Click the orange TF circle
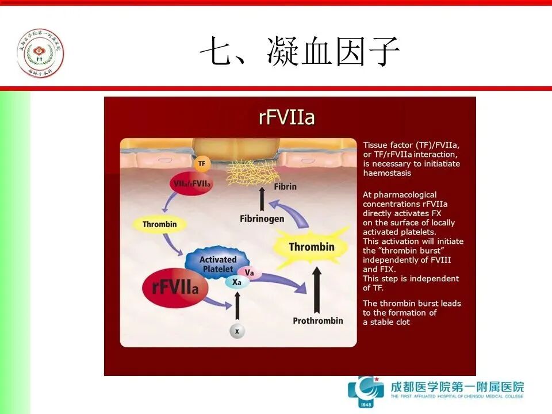[201, 164]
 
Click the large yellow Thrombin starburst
[311, 247]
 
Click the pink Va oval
[249, 272]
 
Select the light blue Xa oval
[236, 282]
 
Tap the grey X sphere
[237, 331]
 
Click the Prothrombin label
[317, 320]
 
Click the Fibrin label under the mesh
[285, 187]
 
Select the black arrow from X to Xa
[237, 306]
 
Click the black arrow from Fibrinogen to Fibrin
[262, 200]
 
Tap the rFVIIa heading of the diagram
[286, 118]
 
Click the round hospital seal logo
[40, 53]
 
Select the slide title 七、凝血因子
[299, 53]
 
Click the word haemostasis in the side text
[387, 173]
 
